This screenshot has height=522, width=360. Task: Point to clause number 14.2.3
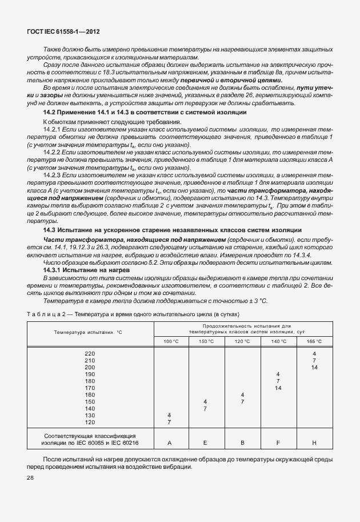point(52,174)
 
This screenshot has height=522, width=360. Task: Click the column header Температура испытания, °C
point(89,332)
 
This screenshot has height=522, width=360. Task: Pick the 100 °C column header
point(171,341)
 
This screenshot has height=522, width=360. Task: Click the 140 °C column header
point(278,341)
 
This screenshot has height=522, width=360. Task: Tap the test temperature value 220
point(89,354)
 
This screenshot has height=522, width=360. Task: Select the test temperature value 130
point(89,415)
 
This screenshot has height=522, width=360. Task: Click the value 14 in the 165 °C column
point(314,368)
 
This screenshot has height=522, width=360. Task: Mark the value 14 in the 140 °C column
point(278,388)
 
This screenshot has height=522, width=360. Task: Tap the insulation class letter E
point(205,443)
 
